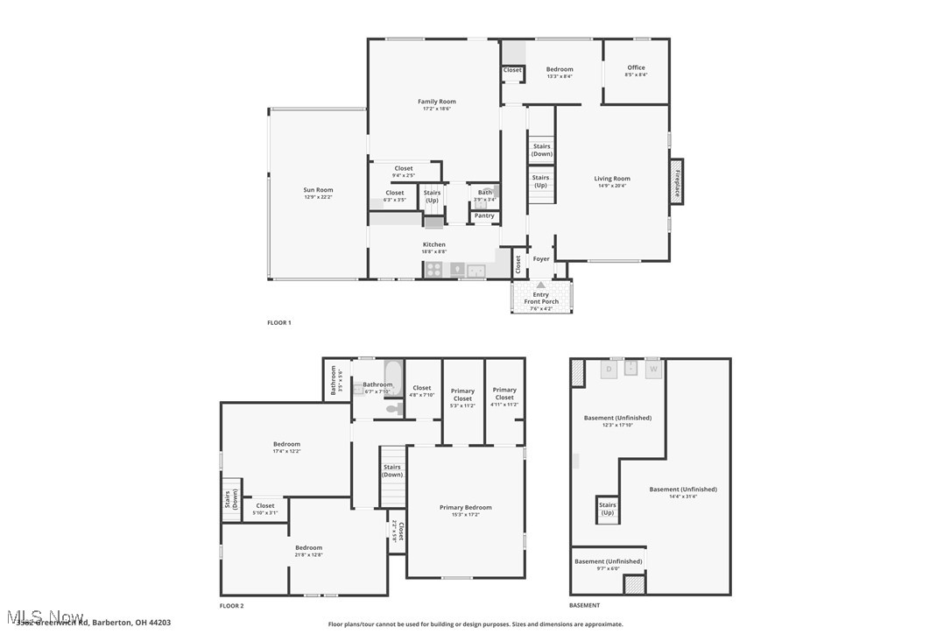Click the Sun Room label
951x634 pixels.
coord(318,190)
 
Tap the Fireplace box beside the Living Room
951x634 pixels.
coord(677,182)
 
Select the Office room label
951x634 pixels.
coord(636,67)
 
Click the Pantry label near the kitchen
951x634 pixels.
coord(484,215)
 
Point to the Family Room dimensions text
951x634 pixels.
coord(436,109)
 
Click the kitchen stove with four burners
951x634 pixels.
coord(434,271)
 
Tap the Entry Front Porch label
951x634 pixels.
coord(541,299)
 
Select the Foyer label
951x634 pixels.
coord(541,259)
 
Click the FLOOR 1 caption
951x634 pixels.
coord(279,323)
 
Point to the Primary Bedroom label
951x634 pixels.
coord(465,508)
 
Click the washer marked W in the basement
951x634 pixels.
coord(653,370)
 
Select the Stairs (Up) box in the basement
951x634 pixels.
coord(607,509)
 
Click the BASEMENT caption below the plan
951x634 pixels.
coord(585,605)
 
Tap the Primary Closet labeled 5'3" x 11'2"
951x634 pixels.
coord(462,395)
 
